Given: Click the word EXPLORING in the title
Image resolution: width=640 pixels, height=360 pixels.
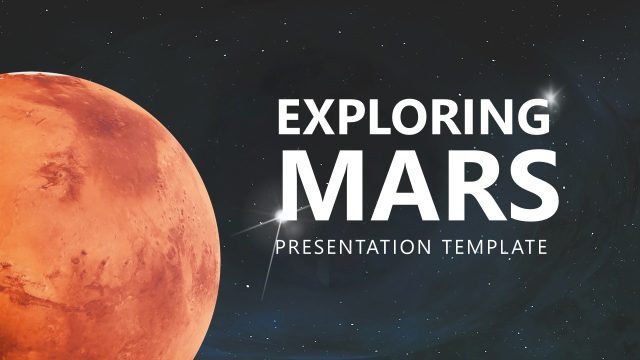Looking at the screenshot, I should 414,118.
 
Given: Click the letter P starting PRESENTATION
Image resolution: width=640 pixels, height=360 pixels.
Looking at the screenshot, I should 283,246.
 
